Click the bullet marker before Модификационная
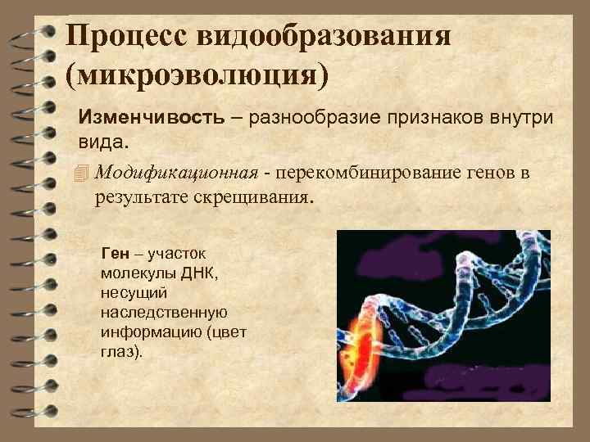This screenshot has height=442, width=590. (x=79, y=173)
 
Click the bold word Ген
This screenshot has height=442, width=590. (x=115, y=252)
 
